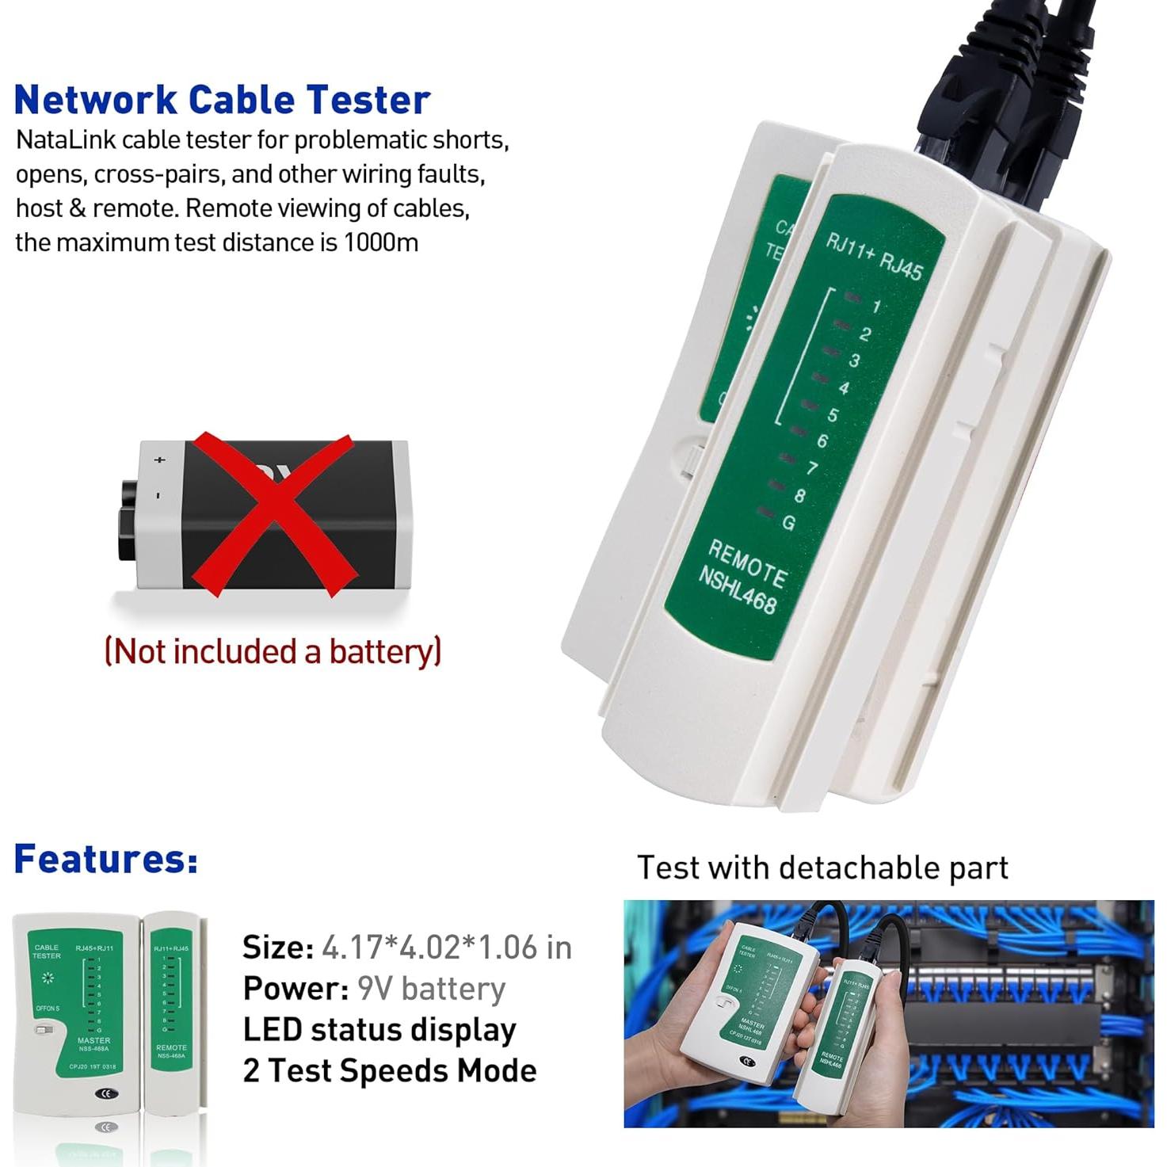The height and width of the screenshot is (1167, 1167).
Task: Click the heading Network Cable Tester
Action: coord(222,100)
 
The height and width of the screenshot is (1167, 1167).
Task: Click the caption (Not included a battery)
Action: coord(273,651)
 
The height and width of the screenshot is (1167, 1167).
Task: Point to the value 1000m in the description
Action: coord(380,242)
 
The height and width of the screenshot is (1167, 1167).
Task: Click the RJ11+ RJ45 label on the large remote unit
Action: coord(874,256)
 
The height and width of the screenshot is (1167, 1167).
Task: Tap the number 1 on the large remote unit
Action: coord(876,307)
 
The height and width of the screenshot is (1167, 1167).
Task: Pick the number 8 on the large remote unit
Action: coord(799,496)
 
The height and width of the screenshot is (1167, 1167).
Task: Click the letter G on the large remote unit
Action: coord(788,523)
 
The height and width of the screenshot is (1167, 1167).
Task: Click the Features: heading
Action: coord(105,859)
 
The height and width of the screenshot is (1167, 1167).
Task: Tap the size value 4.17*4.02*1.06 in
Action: coord(446,948)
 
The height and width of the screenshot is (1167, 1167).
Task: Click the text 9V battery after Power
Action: coord(431,989)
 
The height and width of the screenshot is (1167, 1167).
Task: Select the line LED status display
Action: coord(379,1030)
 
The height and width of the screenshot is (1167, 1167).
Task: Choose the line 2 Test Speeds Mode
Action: coord(389,1071)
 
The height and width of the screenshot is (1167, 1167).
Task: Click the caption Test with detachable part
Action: coord(822,868)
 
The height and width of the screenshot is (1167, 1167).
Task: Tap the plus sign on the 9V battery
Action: coord(160,460)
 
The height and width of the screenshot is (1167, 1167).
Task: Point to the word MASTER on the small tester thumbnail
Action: coord(93,1040)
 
